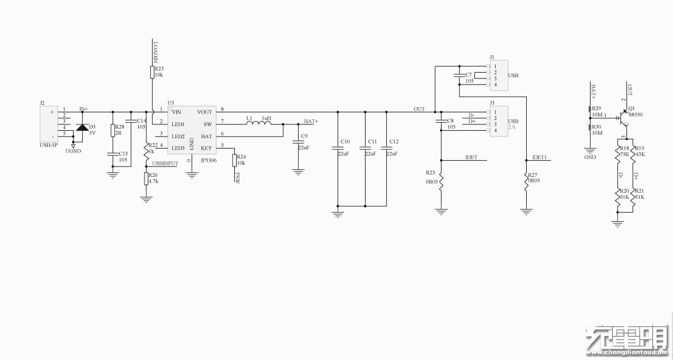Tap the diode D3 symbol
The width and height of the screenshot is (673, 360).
pyautogui.click(x=82, y=127)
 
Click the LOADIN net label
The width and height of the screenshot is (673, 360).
pyautogui.click(x=155, y=51)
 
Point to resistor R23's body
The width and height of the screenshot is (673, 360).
pyautogui.click(x=153, y=71)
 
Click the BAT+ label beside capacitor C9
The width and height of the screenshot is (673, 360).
pyautogui.click(x=311, y=122)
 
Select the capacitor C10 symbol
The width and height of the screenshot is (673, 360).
pyautogui.click(x=338, y=149)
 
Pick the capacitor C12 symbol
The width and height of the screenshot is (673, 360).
pyautogui.click(x=386, y=149)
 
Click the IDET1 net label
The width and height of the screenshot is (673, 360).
pyautogui.click(x=539, y=157)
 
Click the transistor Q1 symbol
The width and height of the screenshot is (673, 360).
pyautogui.click(x=623, y=118)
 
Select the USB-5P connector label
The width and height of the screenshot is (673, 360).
pyautogui.click(x=48, y=145)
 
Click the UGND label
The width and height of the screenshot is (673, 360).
pyautogui.click(x=73, y=151)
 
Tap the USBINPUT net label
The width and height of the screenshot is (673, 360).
pyautogui.click(x=165, y=164)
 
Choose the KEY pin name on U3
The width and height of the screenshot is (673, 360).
pyautogui.click(x=206, y=148)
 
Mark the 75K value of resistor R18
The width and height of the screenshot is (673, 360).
pyautogui.click(x=624, y=154)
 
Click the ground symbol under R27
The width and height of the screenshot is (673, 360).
pyautogui.click(x=526, y=212)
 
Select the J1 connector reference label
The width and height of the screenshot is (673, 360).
pyautogui.click(x=492, y=58)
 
